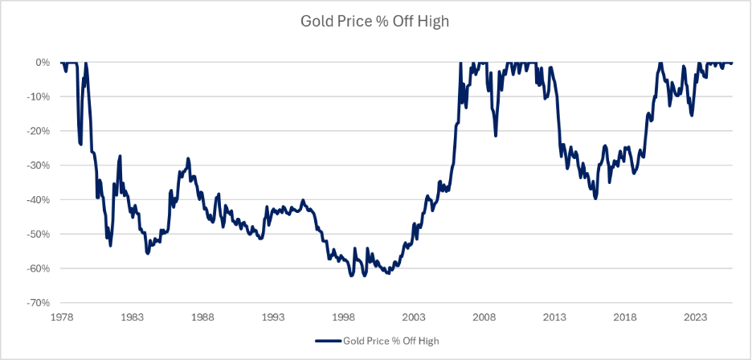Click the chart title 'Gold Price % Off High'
point(374,22)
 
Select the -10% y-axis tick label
point(38,97)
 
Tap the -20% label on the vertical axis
point(38,131)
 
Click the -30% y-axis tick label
point(38,166)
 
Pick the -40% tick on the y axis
point(38,200)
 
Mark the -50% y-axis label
point(38,235)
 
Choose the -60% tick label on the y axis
point(38,268)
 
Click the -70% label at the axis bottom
point(38,303)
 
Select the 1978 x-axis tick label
point(62,317)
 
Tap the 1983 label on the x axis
point(133,317)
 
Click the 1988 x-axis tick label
point(202,317)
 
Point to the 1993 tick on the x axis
point(273,317)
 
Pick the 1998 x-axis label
point(343,317)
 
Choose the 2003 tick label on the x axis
point(414,317)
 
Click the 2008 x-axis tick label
point(484,317)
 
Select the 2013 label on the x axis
point(554,317)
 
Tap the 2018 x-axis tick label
point(624,317)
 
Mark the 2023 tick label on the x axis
point(695,317)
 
